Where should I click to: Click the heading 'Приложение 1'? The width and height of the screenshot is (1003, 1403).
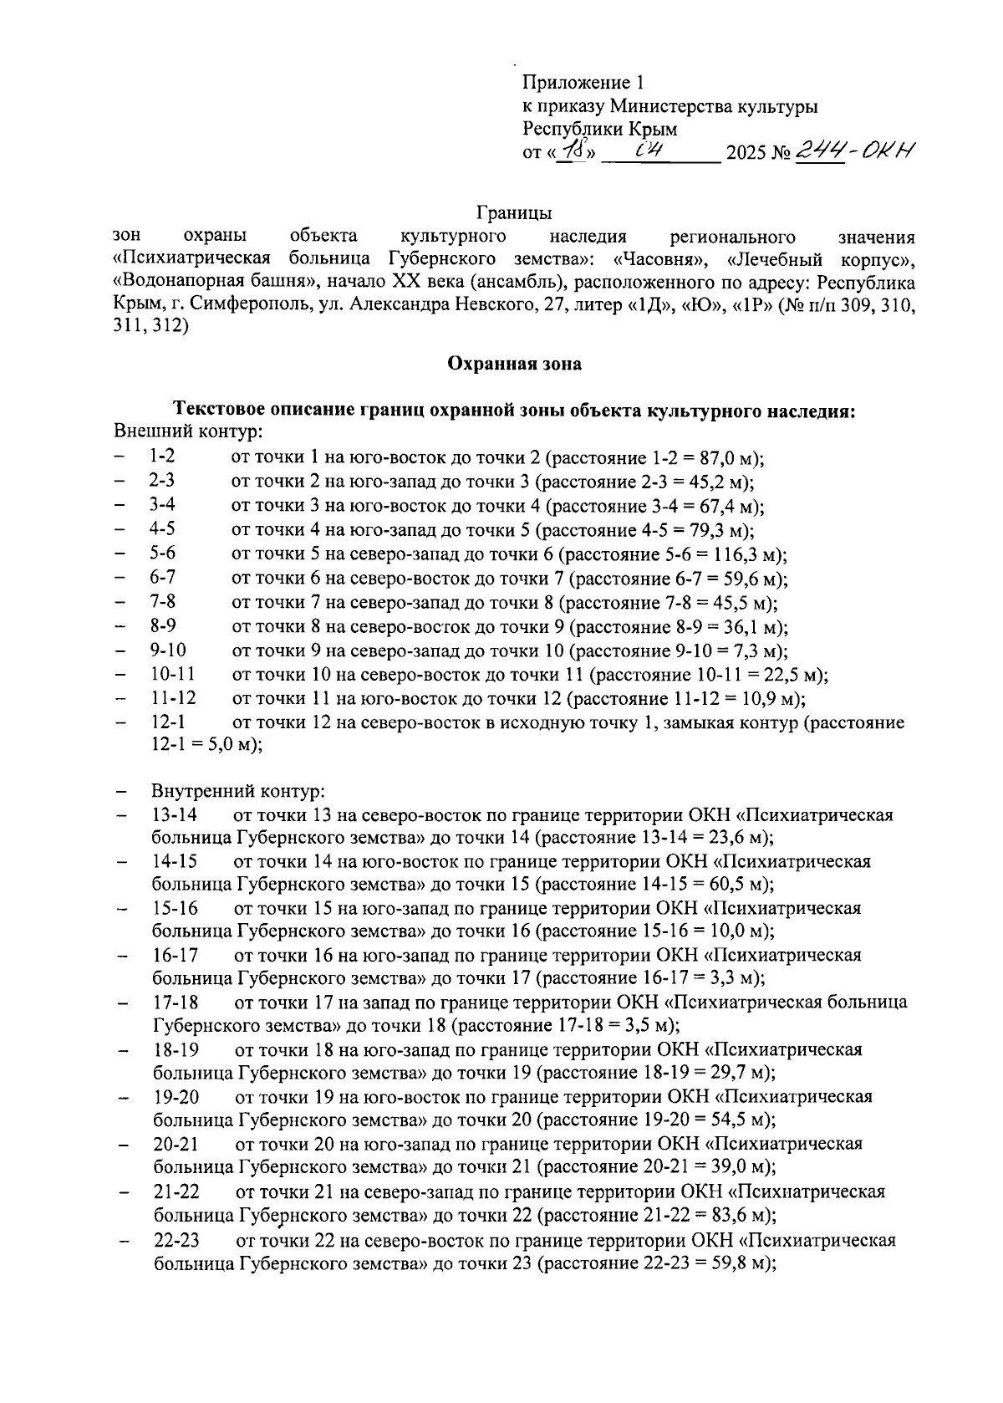pyautogui.click(x=583, y=83)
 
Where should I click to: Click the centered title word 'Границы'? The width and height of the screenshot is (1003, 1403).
pyautogui.click(x=513, y=213)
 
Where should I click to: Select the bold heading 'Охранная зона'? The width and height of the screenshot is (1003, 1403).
pyautogui.click(x=513, y=364)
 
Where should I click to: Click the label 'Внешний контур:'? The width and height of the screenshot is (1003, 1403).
pyautogui.click(x=186, y=432)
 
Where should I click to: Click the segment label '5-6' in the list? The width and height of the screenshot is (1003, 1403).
pyautogui.click(x=163, y=554)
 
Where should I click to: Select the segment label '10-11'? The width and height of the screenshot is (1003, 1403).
pyautogui.click(x=173, y=674)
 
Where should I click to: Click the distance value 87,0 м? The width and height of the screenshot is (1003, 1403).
pyautogui.click(x=726, y=458)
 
